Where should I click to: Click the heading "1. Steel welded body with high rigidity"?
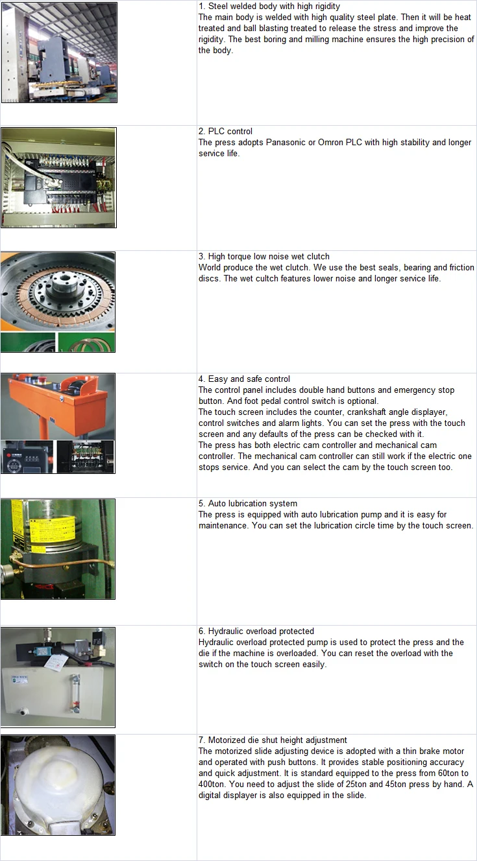pyautogui.click(x=269, y=6)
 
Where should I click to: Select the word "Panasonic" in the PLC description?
pyautogui.click(x=285, y=142)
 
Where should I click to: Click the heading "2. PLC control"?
pyautogui.click(x=225, y=131)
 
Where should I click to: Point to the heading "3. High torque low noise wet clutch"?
pyautogui.click(x=264, y=256)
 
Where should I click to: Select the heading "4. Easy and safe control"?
pyautogui.click(x=244, y=379)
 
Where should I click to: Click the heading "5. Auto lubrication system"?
pyautogui.click(x=248, y=504)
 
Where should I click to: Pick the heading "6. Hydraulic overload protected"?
pyautogui.click(x=256, y=631)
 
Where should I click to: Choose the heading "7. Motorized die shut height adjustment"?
pyautogui.click(x=273, y=740)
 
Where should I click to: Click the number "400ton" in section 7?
pyautogui.click(x=211, y=784)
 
